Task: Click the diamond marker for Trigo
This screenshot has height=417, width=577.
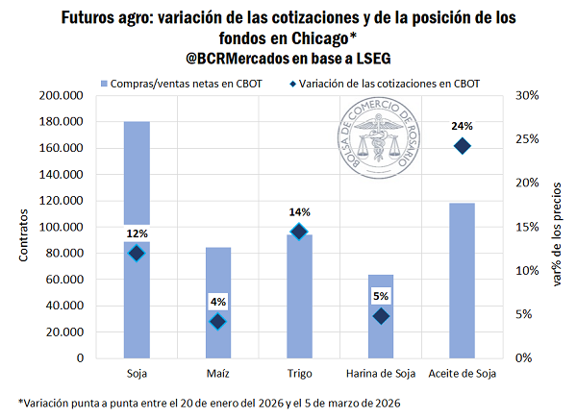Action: pos(299,232)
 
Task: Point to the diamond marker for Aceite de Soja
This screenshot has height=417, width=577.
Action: pos(463,146)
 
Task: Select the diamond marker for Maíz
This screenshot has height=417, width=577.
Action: pos(217,322)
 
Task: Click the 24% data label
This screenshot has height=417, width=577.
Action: pos(463,126)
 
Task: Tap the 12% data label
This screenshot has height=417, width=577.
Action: pos(136,233)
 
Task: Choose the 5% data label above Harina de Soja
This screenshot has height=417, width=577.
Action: pos(381,296)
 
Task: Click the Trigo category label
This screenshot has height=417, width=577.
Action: pos(299,373)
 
